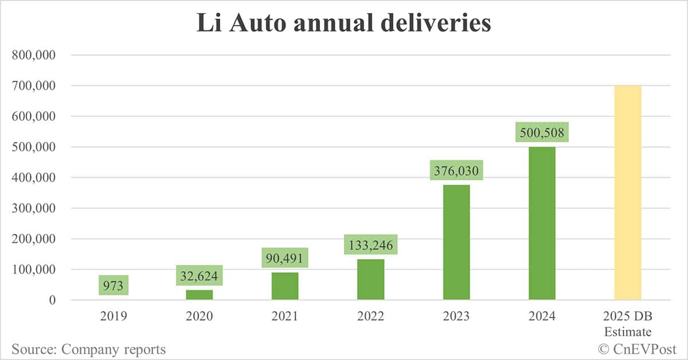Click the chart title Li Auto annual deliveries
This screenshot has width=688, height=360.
(344, 24)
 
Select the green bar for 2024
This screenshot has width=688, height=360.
(542, 224)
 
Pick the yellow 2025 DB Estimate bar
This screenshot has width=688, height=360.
(628, 193)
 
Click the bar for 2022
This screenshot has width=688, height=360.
(370, 279)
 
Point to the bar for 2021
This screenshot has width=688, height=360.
(285, 286)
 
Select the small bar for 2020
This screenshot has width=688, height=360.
(199, 295)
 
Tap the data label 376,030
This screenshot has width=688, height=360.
(456, 171)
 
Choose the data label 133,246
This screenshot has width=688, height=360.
(370, 245)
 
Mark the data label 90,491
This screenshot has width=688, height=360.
(285, 257)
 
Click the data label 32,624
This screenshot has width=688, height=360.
(199, 275)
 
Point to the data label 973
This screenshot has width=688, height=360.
(114, 285)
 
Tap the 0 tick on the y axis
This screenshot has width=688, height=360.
(52, 300)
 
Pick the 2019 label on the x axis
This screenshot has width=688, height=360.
(114, 316)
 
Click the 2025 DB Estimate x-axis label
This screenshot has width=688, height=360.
(628, 324)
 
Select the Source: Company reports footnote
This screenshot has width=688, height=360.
(88, 349)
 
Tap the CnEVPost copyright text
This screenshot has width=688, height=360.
(637, 349)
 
